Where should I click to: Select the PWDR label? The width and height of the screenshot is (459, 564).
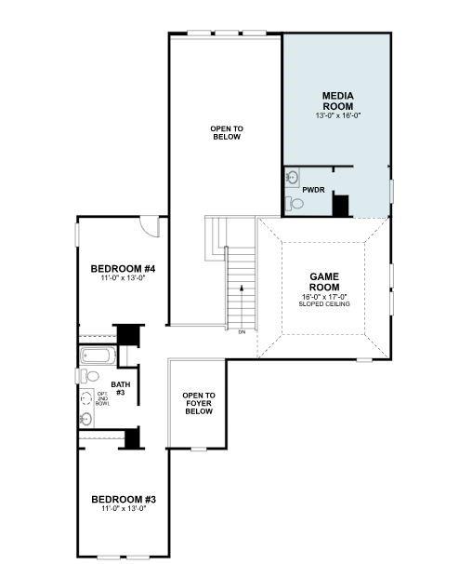coord(313,190)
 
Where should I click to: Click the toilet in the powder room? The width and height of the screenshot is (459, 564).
coord(296,203)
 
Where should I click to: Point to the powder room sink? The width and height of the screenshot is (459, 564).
coord(292,177)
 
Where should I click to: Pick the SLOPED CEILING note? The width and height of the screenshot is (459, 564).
coord(324,304)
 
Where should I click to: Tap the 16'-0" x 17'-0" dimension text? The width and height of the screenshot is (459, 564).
coord(324,297)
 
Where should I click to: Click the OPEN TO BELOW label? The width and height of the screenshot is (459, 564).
coord(226,132)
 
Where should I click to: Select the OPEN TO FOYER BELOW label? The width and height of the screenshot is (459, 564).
coord(198,403)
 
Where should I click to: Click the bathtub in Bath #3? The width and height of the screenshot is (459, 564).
coord(97,355)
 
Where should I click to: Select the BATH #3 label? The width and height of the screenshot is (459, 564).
coord(121,388)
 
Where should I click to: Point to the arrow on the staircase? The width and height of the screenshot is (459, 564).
coord(242,290)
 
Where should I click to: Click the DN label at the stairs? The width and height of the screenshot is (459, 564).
coord(242,332)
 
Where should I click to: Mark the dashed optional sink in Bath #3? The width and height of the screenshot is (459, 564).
coord(86,397)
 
